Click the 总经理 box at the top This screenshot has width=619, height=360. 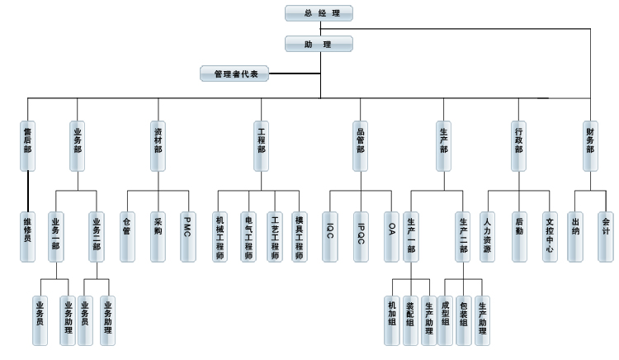click(319, 13)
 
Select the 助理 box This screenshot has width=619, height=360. click(319, 44)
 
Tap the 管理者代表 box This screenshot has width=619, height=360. click(235, 73)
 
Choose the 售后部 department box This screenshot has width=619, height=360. click(28, 146)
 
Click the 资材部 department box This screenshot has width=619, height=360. click(158, 146)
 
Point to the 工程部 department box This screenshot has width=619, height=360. click(261, 146)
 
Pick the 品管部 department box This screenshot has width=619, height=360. click(361, 146)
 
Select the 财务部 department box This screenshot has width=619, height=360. click(590, 146)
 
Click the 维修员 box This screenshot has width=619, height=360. click(28, 237)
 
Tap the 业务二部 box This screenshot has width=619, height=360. click(97, 237)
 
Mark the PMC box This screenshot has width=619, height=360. click(188, 237)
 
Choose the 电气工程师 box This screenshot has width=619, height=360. click(248, 237)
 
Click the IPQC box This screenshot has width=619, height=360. click(361, 237)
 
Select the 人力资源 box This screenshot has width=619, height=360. click(488, 237)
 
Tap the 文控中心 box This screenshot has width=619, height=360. click(550, 237)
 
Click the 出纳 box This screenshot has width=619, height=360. click(575, 237)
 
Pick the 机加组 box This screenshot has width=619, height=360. click(392, 320)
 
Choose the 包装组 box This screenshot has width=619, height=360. click(464, 320)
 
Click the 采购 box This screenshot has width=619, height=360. click(158, 237)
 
